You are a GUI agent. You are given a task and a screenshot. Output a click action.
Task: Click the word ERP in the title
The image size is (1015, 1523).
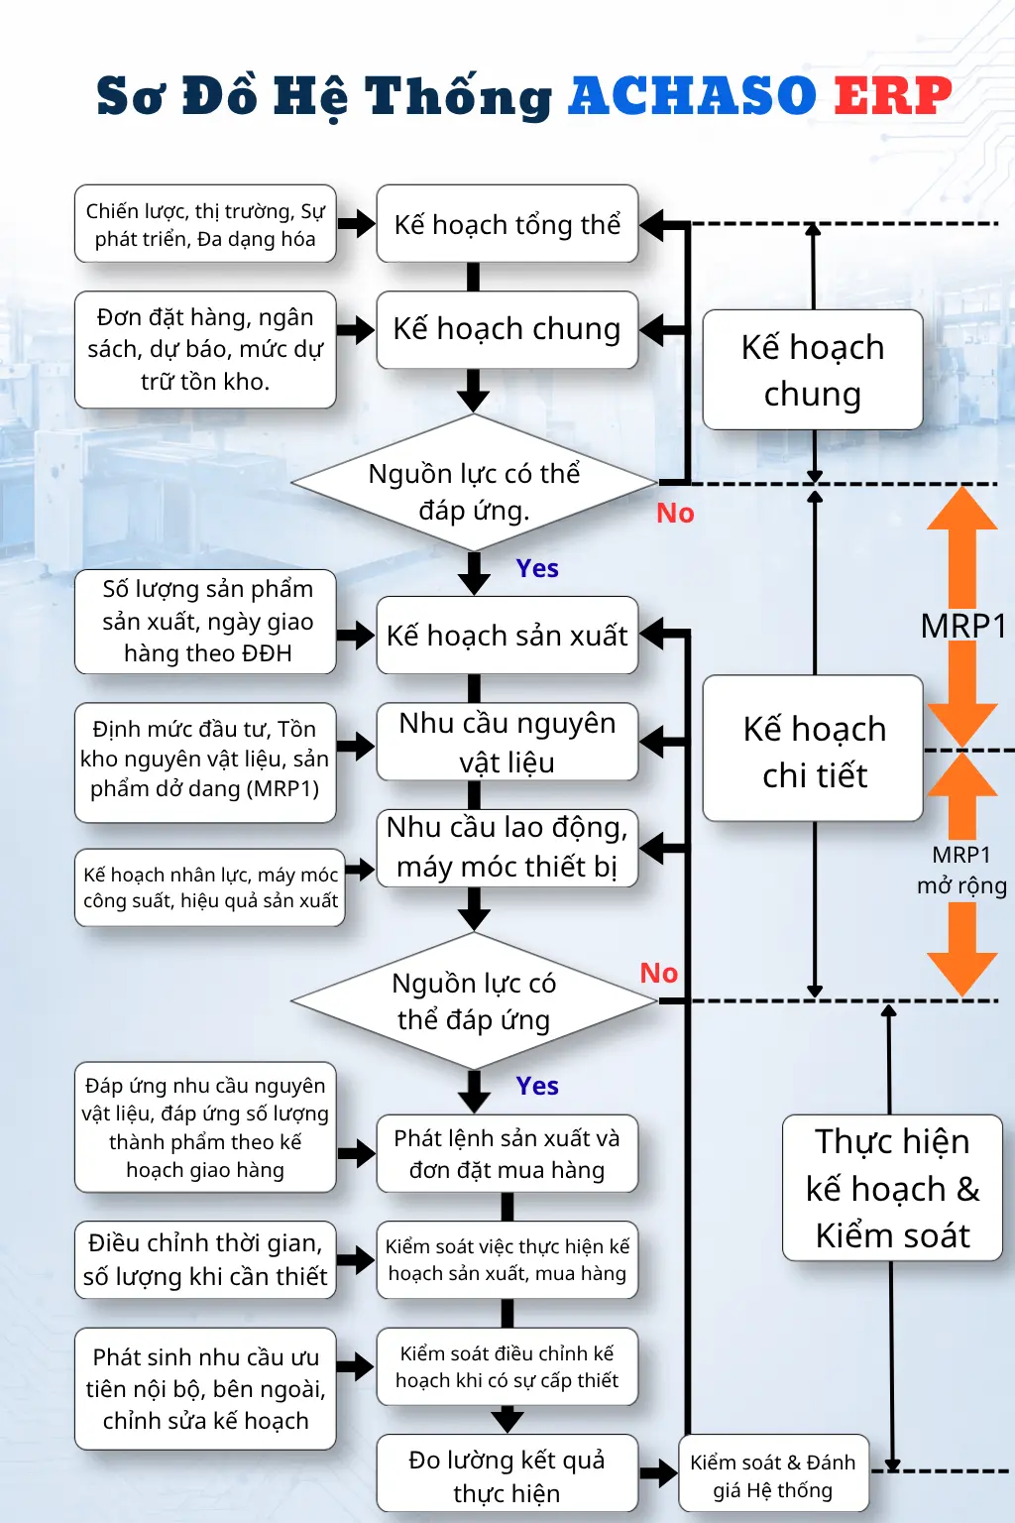click(x=893, y=95)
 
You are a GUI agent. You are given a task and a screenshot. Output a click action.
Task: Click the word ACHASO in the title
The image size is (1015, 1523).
click(x=692, y=95)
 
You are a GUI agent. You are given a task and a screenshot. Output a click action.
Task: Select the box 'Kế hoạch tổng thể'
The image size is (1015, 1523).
click(x=507, y=224)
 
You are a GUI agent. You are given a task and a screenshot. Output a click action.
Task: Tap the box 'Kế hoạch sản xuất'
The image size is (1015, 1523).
click(x=507, y=635)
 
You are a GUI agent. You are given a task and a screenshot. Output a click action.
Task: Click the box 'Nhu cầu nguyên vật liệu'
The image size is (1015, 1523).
click(x=507, y=742)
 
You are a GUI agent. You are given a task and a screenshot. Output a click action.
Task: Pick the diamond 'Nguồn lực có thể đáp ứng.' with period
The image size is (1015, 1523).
click(x=474, y=483)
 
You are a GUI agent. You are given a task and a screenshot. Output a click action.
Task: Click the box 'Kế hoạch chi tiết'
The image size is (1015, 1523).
click(x=813, y=749)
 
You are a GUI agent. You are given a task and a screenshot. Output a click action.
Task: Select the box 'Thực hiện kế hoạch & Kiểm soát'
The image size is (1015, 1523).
click(x=893, y=1188)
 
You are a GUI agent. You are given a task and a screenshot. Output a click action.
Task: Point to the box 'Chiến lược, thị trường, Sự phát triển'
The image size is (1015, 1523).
click(x=205, y=224)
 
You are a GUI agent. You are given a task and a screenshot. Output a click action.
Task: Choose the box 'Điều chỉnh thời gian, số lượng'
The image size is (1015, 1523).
click(x=205, y=1260)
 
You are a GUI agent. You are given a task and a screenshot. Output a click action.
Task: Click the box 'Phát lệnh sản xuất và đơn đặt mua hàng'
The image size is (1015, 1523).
click(x=507, y=1154)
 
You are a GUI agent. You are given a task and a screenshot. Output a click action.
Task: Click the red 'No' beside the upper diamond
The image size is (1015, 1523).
click(x=675, y=514)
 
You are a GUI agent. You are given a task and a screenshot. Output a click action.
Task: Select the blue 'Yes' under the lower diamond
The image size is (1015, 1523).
click(x=537, y=1086)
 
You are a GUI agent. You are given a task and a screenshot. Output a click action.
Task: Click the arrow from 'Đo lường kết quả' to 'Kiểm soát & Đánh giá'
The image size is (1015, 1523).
click(x=658, y=1473)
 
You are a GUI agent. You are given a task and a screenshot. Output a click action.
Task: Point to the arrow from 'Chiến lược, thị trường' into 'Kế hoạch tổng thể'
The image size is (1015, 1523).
click(x=356, y=224)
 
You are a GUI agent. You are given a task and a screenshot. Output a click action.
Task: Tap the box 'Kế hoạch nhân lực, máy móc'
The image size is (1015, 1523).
click(x=210, y=887)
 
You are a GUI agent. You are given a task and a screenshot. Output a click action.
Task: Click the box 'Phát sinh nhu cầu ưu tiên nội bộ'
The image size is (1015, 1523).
click(x=205, y=1388)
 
